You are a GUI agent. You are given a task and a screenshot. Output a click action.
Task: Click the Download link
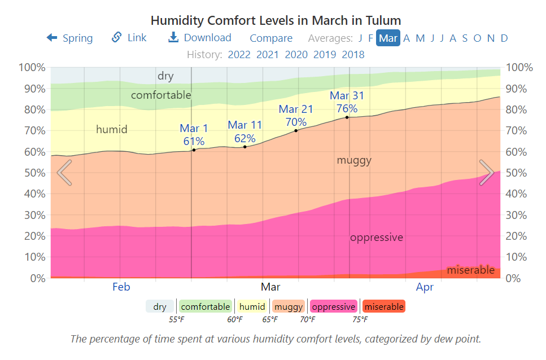pos(200,38)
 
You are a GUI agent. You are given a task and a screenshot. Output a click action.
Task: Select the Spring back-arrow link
pos(69,38)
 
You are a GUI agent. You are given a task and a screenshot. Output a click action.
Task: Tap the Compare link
pos(271,38)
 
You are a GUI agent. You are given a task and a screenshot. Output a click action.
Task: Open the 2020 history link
pos(296,55)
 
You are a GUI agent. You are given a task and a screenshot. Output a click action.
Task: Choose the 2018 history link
pos(353,55)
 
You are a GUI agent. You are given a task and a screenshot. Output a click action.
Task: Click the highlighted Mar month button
pos(388,38)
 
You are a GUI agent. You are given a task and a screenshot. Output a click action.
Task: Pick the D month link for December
pos(504,38)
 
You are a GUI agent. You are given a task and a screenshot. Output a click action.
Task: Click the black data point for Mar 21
pos(296,131)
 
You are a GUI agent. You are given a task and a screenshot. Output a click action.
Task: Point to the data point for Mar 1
pos(194,150)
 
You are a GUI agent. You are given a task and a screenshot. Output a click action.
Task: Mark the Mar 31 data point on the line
pos(347,117)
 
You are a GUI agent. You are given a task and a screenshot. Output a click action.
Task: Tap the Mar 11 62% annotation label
pos(245,131)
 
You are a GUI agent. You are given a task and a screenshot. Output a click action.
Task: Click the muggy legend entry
pos(289,307)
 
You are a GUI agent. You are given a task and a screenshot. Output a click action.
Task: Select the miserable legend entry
pos(383,307)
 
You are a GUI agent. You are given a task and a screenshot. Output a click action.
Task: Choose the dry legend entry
pos(160,307)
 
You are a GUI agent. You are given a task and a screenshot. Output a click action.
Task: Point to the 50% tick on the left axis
pos(32,173)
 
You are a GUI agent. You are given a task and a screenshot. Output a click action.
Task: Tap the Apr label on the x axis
pos(425,287)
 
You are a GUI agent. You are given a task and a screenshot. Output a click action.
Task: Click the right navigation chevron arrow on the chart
pos(487,172)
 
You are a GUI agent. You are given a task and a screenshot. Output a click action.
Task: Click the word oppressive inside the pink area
pos(377,238)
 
